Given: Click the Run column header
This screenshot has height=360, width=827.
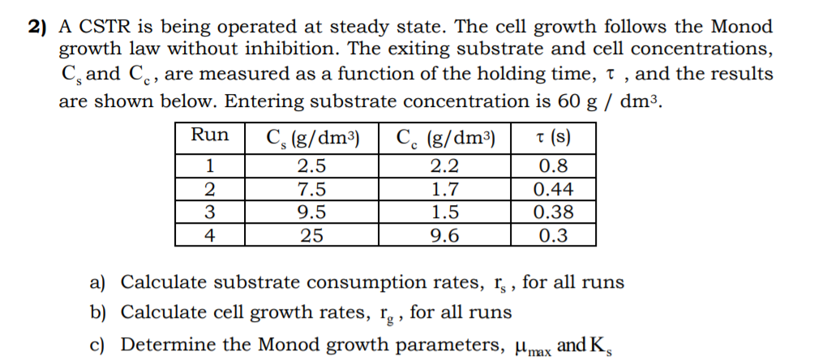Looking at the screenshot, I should [x=209, y=135].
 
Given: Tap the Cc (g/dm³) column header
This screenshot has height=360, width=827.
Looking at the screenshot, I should [x=445, y=136].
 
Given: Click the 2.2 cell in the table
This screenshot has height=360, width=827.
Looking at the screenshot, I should [x=445, y=168].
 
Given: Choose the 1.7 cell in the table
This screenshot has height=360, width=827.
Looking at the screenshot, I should [x=445, y=191].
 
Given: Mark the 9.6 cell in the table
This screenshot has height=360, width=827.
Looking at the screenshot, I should [x=445, y=235].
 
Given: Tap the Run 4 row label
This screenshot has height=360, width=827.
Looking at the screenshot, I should [x=209, y=235].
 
